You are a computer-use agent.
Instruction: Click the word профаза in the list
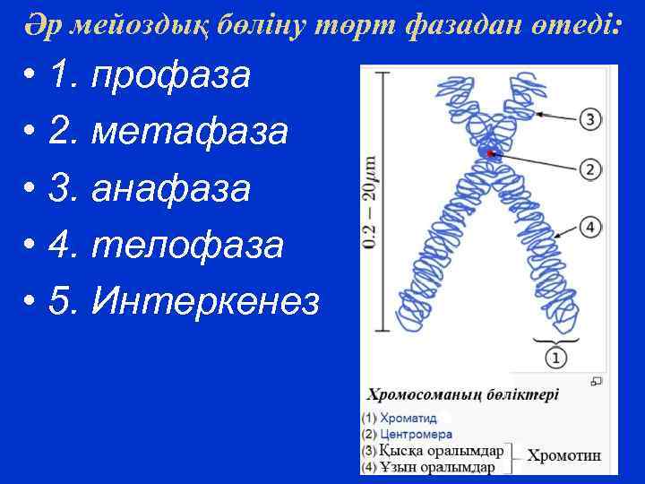tap(172, 76)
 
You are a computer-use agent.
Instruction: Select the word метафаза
tap(190, 133)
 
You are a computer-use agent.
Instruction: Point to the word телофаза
tap(187, 245)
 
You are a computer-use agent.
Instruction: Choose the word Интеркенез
tap(205, 302)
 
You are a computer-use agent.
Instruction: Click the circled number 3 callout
tap(589, 118)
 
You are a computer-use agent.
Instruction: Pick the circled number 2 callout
tap(589, 169)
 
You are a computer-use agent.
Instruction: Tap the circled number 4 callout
tap(589, 226)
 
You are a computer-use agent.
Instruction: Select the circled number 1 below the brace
tap(555, 357)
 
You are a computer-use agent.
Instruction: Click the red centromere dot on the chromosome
tap(490, 153)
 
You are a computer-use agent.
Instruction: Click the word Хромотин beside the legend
tap(563, 455)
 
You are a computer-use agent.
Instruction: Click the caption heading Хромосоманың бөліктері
tap(464, 393)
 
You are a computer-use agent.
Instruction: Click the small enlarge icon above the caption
tap(596, 381)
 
